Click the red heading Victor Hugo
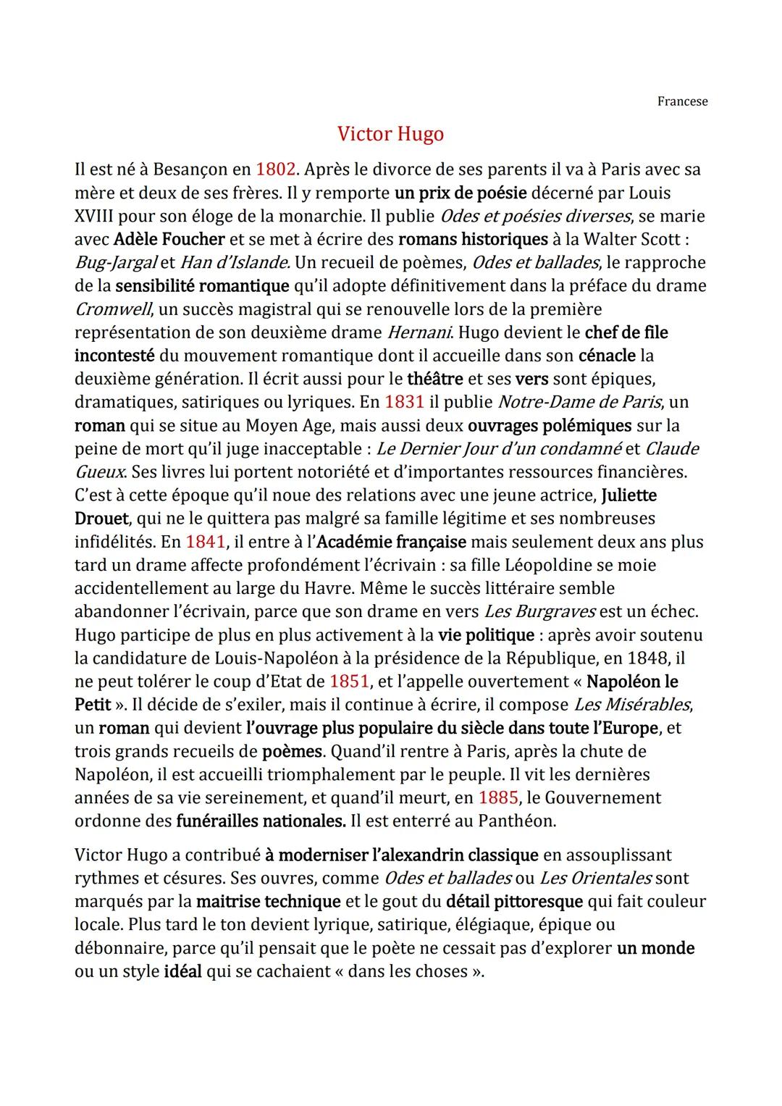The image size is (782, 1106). click(x=390, y=134)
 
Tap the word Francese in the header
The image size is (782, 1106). click(x=682, y=101)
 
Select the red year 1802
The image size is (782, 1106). click(x=276, y=169)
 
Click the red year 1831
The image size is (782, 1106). click(x=404, y=402)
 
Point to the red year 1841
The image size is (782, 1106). click(x=206, y=542)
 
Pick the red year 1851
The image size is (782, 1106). click(x=349, y=682)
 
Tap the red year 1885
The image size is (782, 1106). click(x=498, y=797)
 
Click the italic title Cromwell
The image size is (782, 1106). click(x=114, y=309)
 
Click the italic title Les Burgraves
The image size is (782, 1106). click(x=539, y=611)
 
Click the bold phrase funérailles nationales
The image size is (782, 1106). click(x=261, y=821)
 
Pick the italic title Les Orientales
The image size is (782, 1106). click(x=596, y=878)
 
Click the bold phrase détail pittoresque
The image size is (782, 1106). click(x=514, y=902)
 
